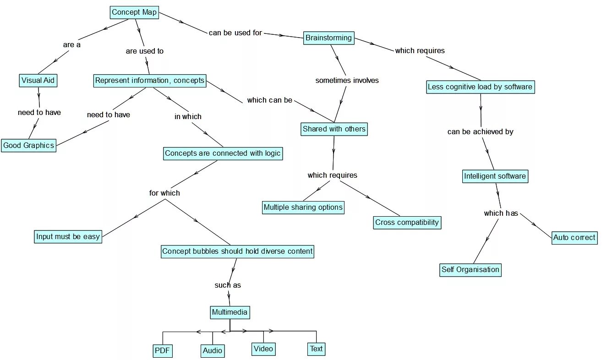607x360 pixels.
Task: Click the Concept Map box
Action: coord(134,12)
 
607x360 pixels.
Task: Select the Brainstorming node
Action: coord(328,38)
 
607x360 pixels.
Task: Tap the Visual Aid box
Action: coord(38,81)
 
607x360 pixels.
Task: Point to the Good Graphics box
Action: coord(28,146)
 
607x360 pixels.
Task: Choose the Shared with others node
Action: coord(334,129)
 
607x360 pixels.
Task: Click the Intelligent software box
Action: coord(495,176)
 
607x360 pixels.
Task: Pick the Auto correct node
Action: coord(574,237)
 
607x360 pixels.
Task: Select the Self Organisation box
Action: coord(470,270)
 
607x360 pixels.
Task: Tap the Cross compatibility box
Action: coord(407,223)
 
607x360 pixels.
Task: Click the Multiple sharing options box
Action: coord(303,207)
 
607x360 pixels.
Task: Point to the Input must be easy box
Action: coord(68,237)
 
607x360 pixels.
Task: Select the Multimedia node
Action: coord(230,313)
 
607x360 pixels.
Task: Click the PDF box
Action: coord(162,351)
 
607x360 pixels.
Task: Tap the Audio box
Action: coord(213,351)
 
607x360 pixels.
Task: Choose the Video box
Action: coord(263,349)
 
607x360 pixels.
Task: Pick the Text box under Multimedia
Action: coord(316,349)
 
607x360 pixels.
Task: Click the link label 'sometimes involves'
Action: coord(347,81)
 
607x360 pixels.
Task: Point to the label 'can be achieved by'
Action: coord(480,132)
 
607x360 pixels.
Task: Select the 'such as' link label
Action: coord(228,285)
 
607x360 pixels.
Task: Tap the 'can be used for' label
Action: coord(235,33)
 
